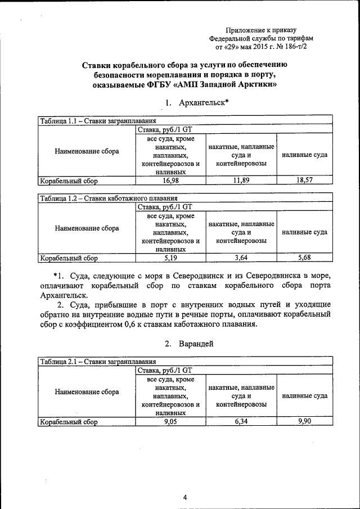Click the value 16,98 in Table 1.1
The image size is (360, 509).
pyautogui.click(x=170, y=180)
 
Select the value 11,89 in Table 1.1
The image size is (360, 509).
pyautogui.click(x=241, y=180)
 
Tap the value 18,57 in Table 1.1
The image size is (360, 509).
pyautogui.click(x=304, y=180)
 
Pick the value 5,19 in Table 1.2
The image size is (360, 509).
pyautogui.click(x=170, y=258)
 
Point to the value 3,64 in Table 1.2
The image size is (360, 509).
pyautogui.click(x=241, y=258)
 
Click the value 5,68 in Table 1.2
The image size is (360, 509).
pyautogui.click(x=304, y=258)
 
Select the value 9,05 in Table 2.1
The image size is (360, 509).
pyautogui.click(x=170, y=421)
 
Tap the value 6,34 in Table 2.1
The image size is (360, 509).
pyautogui.click(x=241, y=421)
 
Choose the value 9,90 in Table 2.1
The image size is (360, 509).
pyautogui.click(x=304, y=421)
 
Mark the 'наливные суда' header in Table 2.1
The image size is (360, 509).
pyautogui.click(x=304, y=396)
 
